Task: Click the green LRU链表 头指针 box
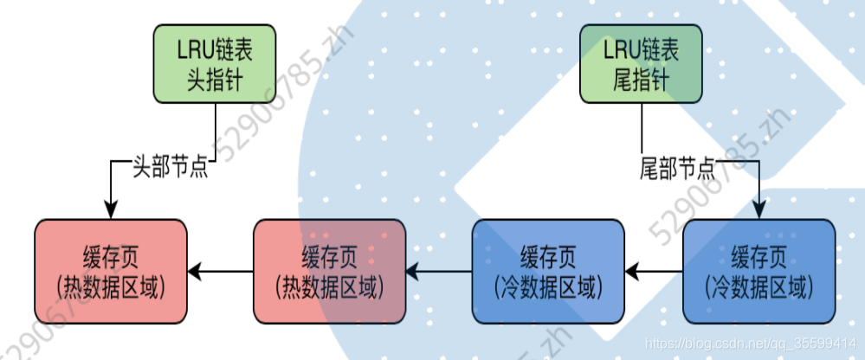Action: [x=216, y=63]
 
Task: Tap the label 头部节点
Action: [x=170, y=165]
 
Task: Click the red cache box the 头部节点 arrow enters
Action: [x=111, y=272]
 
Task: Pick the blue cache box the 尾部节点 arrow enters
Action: [x=758, y=272]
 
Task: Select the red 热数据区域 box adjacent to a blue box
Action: [x=329, y=272]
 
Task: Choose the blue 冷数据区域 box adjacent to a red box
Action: [x=547, y=272]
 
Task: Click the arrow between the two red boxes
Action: [x=220, y=272]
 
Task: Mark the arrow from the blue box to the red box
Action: [x=438, y=272]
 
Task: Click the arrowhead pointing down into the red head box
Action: [x=111, y=210]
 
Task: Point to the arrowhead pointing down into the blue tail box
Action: [x=758, y=210]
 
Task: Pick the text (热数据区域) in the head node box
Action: [x=111, y=285]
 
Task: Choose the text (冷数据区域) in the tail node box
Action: [x=758, y=285]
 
